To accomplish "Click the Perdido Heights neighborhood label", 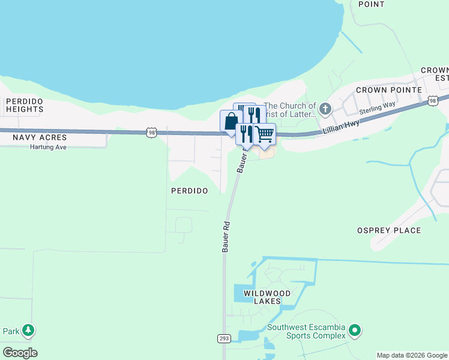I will (25, 105).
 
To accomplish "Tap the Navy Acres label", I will (40, 137).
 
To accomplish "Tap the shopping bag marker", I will (231, 122).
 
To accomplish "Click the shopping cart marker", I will (264, 134).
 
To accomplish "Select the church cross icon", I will (325, 109).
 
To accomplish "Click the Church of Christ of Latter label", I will (290, 110).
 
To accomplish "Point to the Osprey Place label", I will (389, 230).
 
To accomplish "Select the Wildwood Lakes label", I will (267, 297).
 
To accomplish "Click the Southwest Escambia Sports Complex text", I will (307, 331).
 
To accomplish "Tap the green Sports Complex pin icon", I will (355, 330).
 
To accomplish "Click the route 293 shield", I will (224, 339).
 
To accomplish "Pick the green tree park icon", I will (28, 330).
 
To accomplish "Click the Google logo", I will (20, 353).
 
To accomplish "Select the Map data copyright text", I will (412, 355).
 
